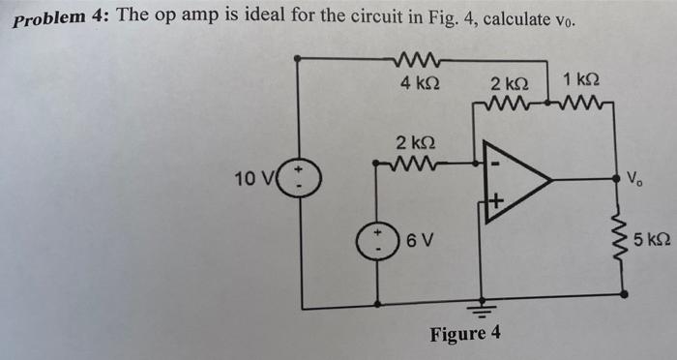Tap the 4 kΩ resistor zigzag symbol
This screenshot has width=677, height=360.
(420, 61)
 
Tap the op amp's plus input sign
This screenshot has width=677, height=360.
(495, 202)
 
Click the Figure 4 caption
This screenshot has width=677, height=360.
(466, 334)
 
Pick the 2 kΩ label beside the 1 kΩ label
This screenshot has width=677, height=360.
(508, 83)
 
